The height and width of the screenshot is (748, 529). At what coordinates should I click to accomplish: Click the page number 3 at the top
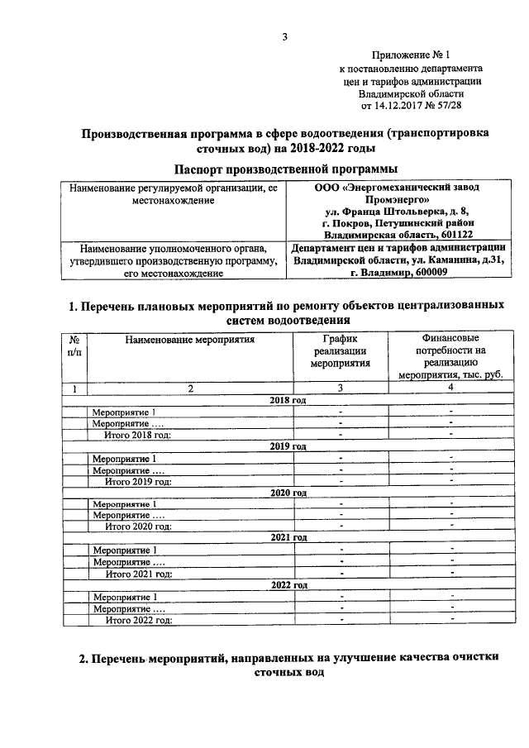284,36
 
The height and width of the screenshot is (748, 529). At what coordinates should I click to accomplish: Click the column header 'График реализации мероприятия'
340,350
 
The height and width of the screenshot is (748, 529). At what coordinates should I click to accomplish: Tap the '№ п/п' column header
74,345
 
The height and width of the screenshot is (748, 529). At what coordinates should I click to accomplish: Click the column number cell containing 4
450,388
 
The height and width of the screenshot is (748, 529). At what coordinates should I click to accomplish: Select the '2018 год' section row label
288,400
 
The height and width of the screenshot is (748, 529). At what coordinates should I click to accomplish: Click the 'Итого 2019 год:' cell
138,481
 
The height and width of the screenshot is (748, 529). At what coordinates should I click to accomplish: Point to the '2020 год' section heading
288,492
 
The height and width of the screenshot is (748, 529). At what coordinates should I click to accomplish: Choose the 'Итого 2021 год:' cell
138,573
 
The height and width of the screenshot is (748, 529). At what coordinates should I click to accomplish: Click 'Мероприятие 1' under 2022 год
124,596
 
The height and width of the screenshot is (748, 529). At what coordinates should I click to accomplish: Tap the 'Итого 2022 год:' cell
138,619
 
